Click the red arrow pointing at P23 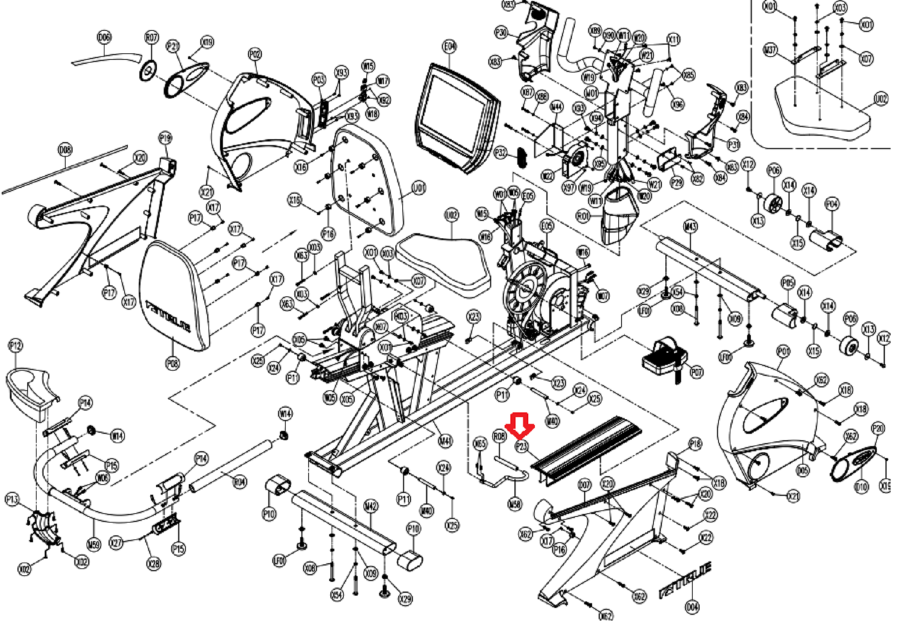click(x=520, y=425)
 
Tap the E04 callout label click(x=450, y=47)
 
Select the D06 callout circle click(x=104, y=38)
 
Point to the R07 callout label click(x=152, y=38)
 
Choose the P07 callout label click(x=696, y=372)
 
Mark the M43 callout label click(x=690, y=226)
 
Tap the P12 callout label click(x=15, y=346)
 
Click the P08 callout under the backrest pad click(x=172, y=364)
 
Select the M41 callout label click(x=445, y=441)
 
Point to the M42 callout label click(x=371, y=506)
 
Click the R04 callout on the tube click(x=240, y=481)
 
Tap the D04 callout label click(x=692, y=607)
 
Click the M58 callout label click(x=514, y=504)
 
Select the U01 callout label click(x=419, y=188)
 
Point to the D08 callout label click(x=66, y=150)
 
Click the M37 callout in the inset click(x=770, y=50)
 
